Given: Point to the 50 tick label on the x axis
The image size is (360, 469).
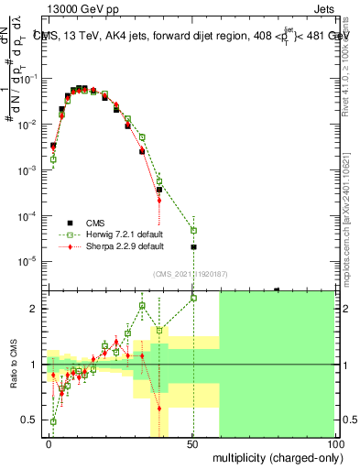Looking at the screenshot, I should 193,442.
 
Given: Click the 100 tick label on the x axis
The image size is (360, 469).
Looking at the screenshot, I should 334,442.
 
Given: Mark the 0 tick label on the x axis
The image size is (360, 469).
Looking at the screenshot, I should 49,442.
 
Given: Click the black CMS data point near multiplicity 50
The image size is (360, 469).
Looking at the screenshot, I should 193,247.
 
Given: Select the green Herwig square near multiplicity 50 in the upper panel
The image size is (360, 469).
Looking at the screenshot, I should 193,231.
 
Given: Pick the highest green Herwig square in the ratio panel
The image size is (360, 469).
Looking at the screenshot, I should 193,298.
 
